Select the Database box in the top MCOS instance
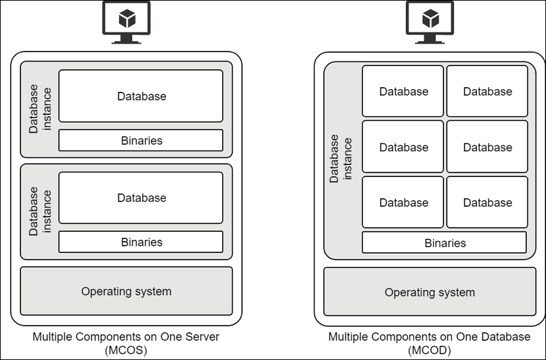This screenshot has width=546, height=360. click(x=141, y=96)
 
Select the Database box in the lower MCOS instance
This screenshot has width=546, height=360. click(x=141, y=198)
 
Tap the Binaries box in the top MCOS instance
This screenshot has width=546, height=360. click(x=141, y=141)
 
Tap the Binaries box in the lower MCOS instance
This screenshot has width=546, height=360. click(x=141, y=242)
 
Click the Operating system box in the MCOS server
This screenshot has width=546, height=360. click(x=126, y=291)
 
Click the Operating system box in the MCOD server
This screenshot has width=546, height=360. click(x=430, y=292)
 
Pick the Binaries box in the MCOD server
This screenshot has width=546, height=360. click(x=444, y=243)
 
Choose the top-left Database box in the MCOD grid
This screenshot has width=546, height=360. click(x=403, y=92)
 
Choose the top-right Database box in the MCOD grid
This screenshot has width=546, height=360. click(x=487, y=92)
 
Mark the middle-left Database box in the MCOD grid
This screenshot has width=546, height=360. click(x=403, y=147)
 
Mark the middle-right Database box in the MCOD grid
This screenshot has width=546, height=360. click(x=487, y=147)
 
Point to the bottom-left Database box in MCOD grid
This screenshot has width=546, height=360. click(x=403, y=203)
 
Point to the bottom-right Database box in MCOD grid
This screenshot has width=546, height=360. click(x=487, y=203)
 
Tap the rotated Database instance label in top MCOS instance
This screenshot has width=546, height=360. click(x=40, y=108)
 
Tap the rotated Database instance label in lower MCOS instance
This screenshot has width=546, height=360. click(x=40, y=211)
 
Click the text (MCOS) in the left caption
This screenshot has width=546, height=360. click(x=126, y=350)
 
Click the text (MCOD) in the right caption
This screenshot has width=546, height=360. click(x=429, y=350)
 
